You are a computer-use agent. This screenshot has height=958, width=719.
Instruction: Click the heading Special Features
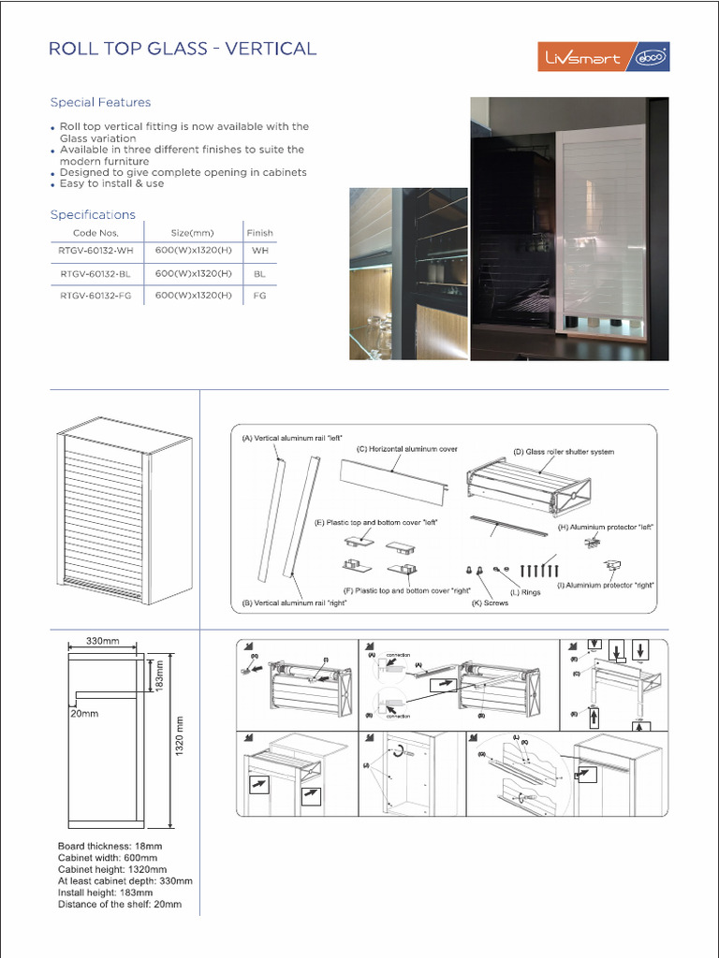(x=100, y=102)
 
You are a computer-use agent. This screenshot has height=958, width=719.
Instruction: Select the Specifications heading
(x=93, y=214)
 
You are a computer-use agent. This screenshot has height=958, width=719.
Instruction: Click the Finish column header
(x=259, y=233)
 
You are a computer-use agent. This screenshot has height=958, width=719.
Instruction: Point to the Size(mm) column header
(x=193, y=233)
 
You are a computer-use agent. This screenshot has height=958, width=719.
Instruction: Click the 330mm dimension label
(x=102, y=641)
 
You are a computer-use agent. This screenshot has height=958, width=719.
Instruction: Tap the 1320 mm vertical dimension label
(x=183, y=736)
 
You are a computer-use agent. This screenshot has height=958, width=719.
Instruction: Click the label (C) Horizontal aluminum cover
(x=407, y=449)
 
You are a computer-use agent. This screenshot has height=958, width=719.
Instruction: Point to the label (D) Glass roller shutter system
(x=564, y=452)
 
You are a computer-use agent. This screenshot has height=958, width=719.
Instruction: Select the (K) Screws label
(x=490, y=603)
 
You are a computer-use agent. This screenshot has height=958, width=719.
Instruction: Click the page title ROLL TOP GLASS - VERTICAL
(x=183, y=49)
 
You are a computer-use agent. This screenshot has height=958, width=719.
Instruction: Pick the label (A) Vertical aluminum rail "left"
(x=281, y=438)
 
